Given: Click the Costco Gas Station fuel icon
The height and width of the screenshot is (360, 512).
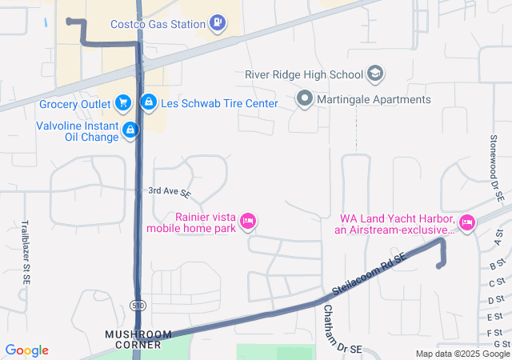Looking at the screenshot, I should (x=217, y=24).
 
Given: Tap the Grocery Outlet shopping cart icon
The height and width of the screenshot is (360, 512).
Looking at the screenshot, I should (x=122, y=103).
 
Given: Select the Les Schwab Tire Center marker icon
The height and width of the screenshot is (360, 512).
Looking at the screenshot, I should (x=148, y=103).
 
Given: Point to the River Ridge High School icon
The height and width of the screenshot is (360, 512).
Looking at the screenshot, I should (x=374, y=75).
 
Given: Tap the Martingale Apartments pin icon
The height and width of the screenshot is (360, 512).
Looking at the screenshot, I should (x=304, y=100).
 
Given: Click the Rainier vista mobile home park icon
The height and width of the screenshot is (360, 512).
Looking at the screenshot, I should (x=248, y=220).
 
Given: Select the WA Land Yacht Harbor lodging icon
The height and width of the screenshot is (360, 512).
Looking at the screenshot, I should (x=466, y=222).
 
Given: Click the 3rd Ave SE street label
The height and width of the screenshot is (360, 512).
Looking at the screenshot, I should (x=170, y=193).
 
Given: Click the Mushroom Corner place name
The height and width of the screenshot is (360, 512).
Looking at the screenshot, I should (x=138, y=339).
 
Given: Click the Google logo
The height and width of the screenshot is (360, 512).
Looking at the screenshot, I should (x=27, y=350).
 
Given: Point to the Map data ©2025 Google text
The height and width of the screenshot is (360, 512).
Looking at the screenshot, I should (x=462, y=354).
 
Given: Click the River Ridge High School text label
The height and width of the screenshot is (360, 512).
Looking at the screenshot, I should (x=304, y=75).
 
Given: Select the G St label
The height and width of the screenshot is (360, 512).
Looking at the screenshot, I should (x=501, y=344).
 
